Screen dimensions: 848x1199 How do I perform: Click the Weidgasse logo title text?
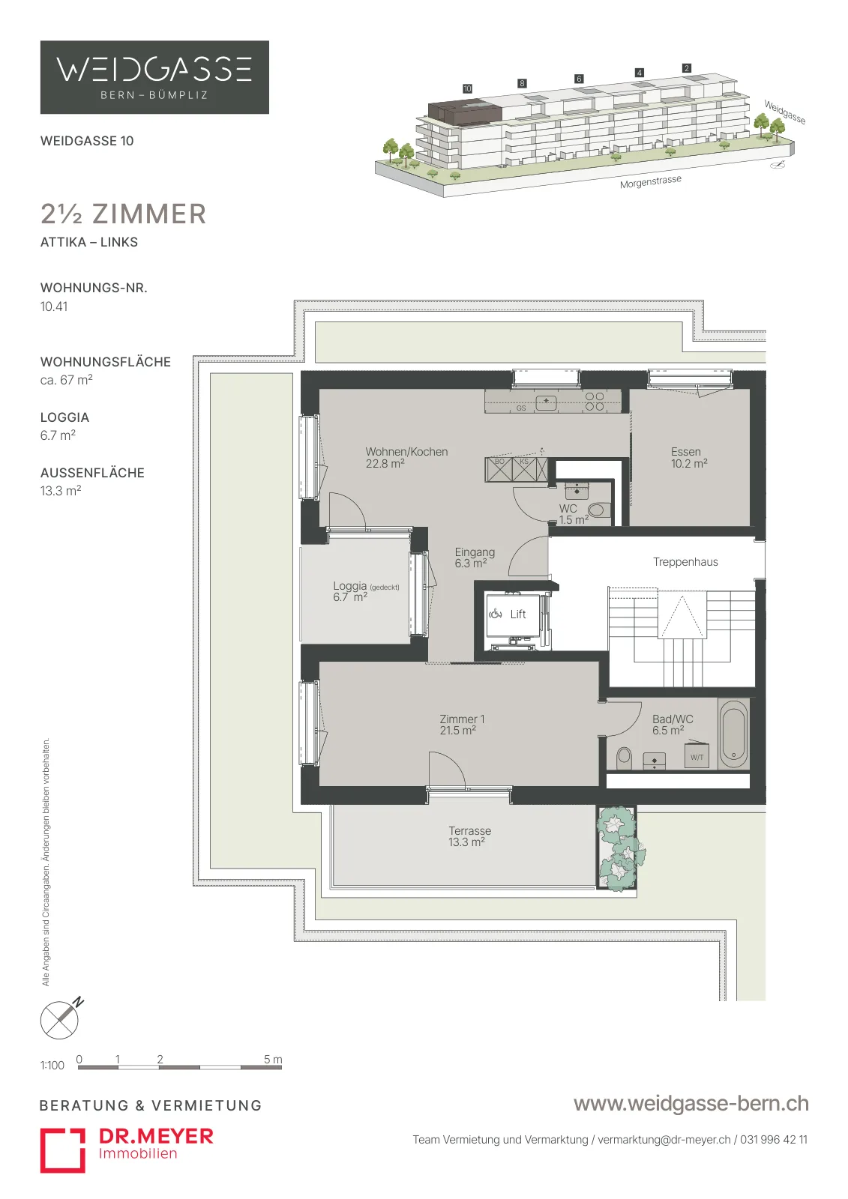tap(154, 70)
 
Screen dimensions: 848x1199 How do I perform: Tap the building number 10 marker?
tap(467, 88)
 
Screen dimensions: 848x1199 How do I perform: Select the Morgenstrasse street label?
tap(650, 181)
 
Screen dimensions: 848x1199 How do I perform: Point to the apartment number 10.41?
tap(53, 306)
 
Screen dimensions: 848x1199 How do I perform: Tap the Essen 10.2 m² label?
tap(689, 458)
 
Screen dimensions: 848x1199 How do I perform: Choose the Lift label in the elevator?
tap(518, 614)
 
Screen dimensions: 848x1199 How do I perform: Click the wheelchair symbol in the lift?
tap(496, 614)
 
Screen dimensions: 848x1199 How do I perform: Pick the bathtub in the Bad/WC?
tap(733, 734)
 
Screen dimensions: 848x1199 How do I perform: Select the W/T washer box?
tap(697, 756)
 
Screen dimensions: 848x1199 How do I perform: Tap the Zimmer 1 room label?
tap(462, 725)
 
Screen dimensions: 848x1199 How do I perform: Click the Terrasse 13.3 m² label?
tap(470, 836)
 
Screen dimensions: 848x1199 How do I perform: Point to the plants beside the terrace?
tap(620, 848)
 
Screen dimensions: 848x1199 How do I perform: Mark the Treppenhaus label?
tap(685, 562)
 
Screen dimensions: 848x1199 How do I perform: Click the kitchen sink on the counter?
tap(546, 402)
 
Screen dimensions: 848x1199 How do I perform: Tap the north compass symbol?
tap(60, 1019)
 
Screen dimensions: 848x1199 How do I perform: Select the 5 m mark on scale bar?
tap(273, 1060)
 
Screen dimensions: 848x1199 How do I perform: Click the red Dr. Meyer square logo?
tap(63, 1150)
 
